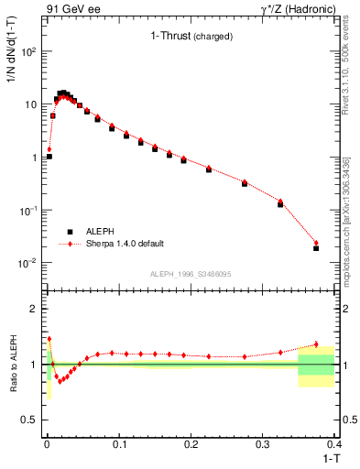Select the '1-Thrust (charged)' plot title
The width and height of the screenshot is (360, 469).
[x=191, y=37]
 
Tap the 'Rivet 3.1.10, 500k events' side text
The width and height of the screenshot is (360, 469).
[x=351, y=55]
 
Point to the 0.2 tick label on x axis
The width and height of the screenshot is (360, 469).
[x=190, y=445]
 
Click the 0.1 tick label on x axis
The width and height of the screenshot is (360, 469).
[x=118, y=445]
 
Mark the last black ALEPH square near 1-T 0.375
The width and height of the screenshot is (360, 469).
[x=316, y=248]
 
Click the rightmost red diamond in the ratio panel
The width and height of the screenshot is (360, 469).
[x=316, y=344]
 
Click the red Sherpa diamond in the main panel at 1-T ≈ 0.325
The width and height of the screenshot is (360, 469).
[x=280, y=201]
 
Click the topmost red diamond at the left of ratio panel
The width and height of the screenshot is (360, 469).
[x=49, y=338]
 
